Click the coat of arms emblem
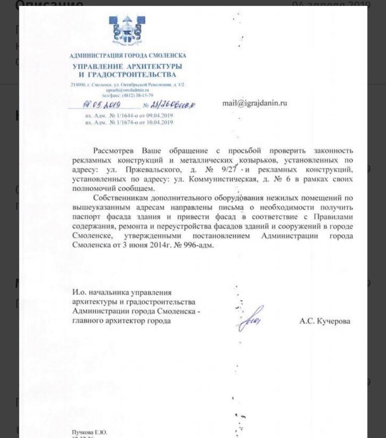(x=128, y=30)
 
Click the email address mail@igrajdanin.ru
(x=254, y=103)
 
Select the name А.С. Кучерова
(x=324, y=321)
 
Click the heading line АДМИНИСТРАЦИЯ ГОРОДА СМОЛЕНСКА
(x=128, y=56)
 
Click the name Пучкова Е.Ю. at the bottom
(x=90, y=432)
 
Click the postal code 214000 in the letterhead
(x=78, y=86)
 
